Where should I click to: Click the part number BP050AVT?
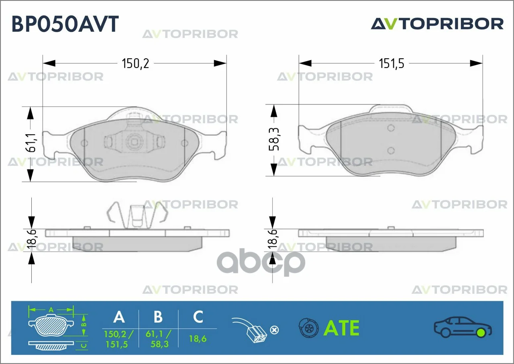pyautogui.click(x=65, y=24)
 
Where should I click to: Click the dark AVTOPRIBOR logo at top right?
pyautogui.click(x=437, y=24)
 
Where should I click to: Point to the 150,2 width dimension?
pyautogui.click(x=135, y=63)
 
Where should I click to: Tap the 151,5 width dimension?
pyautogui.click(x=392, y=63)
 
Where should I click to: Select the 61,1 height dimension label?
pyautogui.click(x=31, y=143)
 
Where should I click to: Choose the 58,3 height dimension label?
pyautogui.click(x=274, y=139)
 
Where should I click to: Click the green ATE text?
pyautogui.click(x=341, y=328)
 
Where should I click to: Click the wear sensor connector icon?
pyautogui.click(x=250, y=331)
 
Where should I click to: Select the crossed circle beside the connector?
pyautogui.click(x=274, y=330)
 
